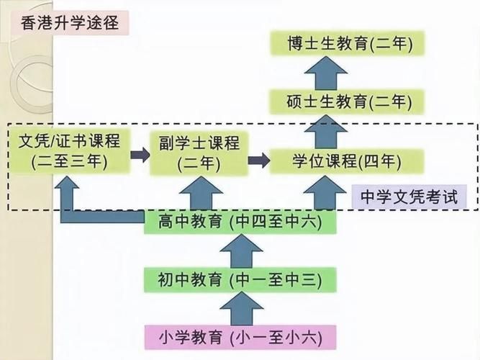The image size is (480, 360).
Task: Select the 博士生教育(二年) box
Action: (347, 45)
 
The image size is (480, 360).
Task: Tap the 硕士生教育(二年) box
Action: (347, 102)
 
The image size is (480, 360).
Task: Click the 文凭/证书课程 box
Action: (70, 150)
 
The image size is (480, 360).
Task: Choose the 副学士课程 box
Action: (199, 153)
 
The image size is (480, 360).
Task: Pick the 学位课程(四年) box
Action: (347, 159)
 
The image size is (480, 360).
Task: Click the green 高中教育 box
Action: (240, 222)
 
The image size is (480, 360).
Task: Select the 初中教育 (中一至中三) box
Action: (240, 279)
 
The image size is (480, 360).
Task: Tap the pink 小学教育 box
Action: (240, 336)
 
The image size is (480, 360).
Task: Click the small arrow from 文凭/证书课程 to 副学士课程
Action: (140, 154)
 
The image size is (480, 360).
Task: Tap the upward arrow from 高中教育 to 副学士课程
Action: (199, 193)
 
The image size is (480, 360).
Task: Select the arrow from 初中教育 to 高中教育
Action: (240, 251)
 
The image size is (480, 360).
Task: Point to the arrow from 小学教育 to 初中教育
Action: (240, 307)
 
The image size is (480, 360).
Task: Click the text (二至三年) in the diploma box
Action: (70, 162)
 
